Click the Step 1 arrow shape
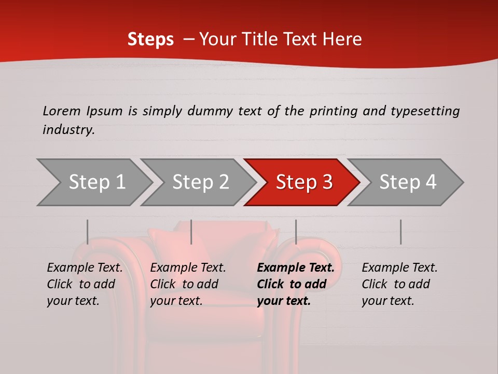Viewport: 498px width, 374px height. point(96,182)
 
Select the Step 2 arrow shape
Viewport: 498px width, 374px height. point(200,182)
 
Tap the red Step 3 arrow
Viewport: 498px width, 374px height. point(304,182)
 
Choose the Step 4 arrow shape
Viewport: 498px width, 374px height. point(408,182)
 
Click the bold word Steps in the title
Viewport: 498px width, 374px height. point(150,39)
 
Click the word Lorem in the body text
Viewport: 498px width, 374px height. point(61,111)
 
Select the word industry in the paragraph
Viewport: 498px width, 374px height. point(68,130)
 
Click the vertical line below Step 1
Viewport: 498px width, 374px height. point(88,232)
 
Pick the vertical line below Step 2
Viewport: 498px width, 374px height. point(191,232)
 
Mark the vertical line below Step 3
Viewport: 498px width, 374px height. point(296,232)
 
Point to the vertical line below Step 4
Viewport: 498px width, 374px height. point(400,232)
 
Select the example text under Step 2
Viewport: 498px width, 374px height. point(188,284)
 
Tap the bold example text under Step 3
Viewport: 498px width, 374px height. point(296,284)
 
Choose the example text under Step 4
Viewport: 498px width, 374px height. point(399,284)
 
